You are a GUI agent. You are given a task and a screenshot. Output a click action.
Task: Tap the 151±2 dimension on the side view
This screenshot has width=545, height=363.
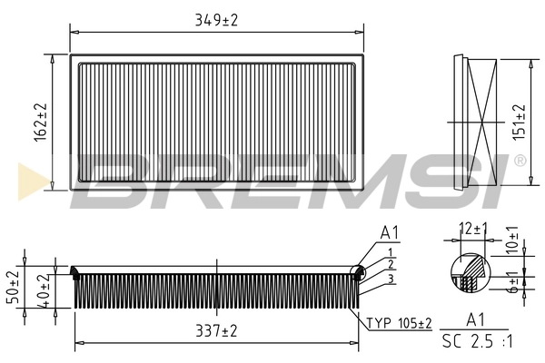tap(520, 121)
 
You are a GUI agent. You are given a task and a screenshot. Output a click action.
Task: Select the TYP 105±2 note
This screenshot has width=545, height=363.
tap(400, 322)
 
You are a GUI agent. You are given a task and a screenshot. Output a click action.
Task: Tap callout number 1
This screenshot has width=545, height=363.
tap(389, 250)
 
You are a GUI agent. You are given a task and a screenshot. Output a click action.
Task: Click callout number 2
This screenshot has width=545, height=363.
tap(389, 263)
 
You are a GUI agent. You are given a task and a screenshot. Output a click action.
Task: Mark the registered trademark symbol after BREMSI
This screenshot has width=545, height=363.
tap(519, 161)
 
